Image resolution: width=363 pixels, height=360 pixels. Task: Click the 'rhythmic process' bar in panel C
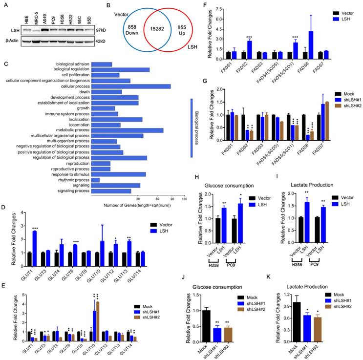pos(96,180)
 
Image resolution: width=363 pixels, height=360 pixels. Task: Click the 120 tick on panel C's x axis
pos(184,199)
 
